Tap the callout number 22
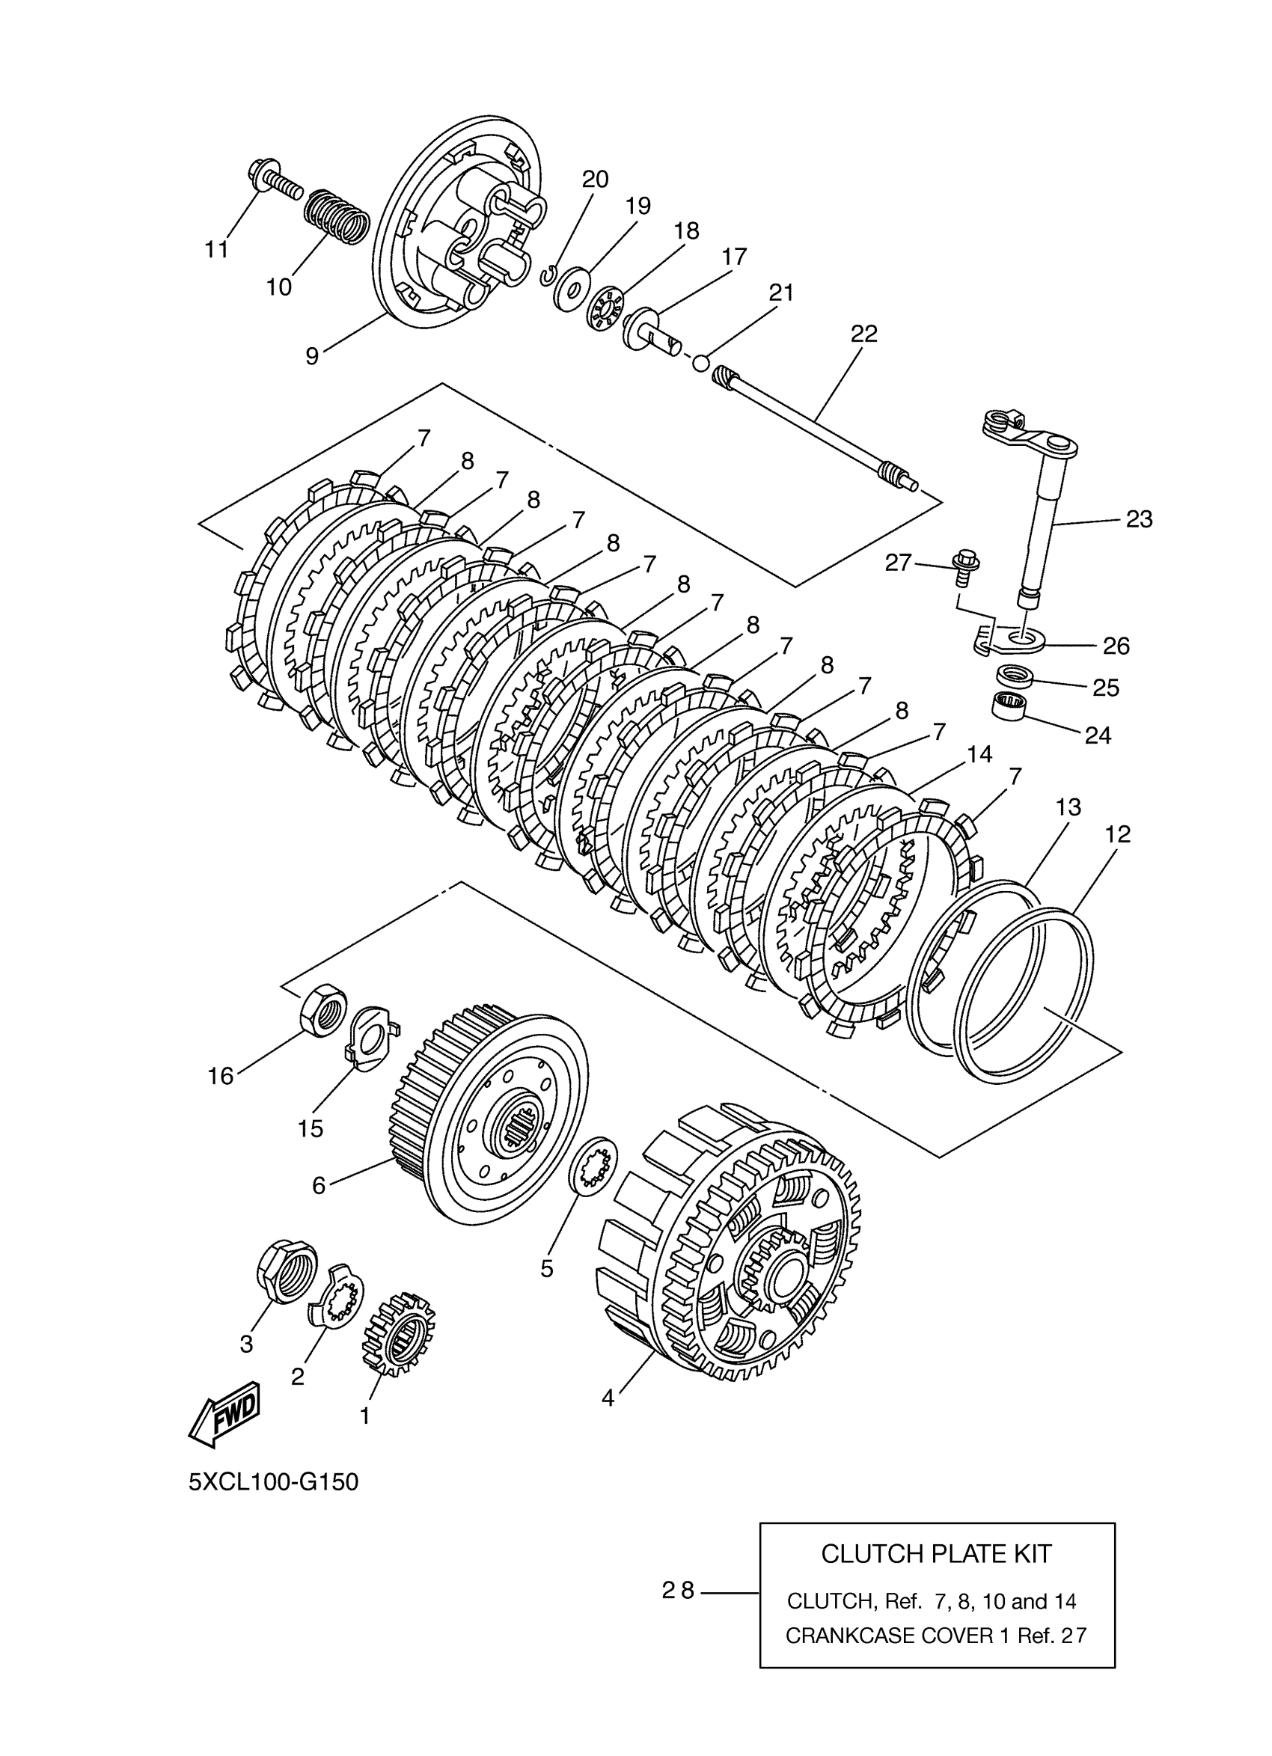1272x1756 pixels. coord(864,334)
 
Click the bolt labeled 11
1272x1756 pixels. coord(275,177)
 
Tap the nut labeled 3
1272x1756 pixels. coord(286,1270)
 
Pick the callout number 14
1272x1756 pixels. coord(979,753)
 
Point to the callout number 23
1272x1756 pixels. coord(1139,518)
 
